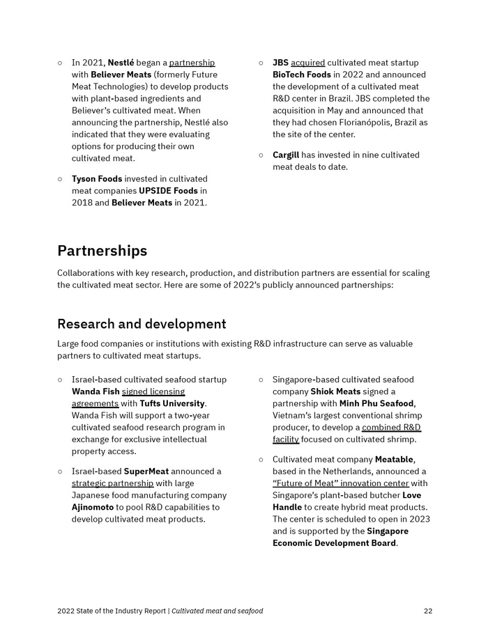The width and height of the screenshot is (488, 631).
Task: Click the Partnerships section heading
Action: pos(102,251)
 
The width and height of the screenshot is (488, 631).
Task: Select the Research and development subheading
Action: pos(142,324)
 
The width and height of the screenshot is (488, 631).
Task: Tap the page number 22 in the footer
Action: pos(427,611)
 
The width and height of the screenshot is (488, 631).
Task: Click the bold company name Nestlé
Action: pos(121,63)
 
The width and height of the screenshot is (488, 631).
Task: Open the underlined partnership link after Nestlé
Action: pos(192,63)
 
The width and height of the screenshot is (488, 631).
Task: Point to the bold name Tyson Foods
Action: pos(96,179)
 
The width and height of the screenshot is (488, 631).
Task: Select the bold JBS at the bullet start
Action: pos(280,63)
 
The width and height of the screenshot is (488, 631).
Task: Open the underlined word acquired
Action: pos(307,63)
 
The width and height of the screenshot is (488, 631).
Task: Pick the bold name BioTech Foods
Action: pos(301,75)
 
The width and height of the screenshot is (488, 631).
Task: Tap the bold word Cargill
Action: pos(286,155)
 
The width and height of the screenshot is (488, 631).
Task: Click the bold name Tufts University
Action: pos(172,403)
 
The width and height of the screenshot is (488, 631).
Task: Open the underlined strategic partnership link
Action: pos(112,483)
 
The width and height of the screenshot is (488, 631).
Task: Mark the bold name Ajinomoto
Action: pos(93,507)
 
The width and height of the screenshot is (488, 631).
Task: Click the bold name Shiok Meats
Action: pos(335,391)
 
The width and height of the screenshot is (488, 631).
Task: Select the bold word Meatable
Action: pos(395,460)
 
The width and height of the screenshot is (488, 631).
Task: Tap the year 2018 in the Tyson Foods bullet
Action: pos(82,203)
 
